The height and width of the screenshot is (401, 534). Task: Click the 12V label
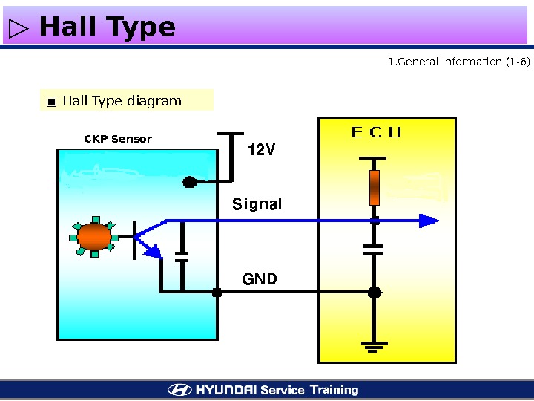[x=261, y=150]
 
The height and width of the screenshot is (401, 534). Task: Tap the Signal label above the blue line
[x=257, y=203]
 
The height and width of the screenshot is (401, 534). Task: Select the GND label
[x=260, y=279]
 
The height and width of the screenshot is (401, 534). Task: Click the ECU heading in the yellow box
[x=376, y=133]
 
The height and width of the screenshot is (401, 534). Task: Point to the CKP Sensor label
[x=118, y=139]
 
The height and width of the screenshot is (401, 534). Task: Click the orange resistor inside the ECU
[x=375, y=187]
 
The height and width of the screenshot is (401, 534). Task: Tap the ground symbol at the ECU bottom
[x=375, y=345]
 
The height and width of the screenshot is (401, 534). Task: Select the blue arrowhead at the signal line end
[x=428, y=221]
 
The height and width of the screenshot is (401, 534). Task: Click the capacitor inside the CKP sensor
[x=181, y=256]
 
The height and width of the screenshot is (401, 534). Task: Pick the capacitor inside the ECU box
[x=375, y=248]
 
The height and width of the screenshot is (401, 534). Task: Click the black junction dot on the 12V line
[x=190, y=181]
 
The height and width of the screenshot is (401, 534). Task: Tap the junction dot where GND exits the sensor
[x=217, y=293]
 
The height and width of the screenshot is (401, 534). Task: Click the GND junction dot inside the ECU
[x=375, y=293]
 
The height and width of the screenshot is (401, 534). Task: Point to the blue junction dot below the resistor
[x=375, y=221]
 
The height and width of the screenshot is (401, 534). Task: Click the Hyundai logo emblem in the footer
[x=179, y=390]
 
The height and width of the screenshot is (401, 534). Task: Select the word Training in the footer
[x=334, y=390]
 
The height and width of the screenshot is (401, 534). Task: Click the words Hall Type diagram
[x=122, y=101]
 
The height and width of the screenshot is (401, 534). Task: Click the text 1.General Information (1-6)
[x=459, y=62]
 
